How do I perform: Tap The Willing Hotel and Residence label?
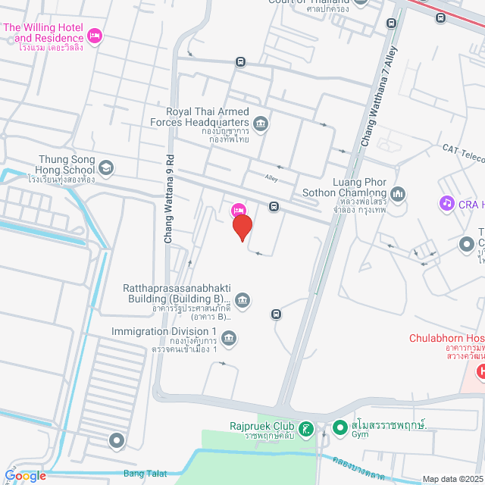[x=44, y=33]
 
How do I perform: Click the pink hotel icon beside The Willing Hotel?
[x=95, y=35]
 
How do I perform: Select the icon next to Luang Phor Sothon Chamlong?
[x=399, y=194]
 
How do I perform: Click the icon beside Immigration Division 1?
[x=230, y=337]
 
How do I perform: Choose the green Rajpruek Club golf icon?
[x=305, y=430]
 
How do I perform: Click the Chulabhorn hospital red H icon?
[x=480, y=371]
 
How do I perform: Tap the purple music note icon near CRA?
[x=446, y=203]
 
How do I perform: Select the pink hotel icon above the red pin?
[x=238, y=210]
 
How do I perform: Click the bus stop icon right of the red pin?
[x=274, y=206]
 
